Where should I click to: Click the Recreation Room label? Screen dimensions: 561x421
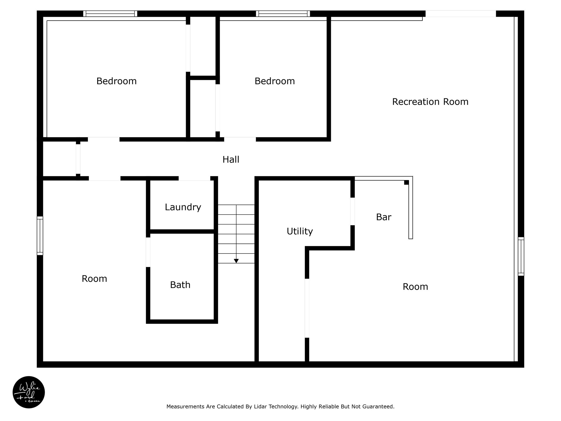pyautogui.click(x=430, y=102)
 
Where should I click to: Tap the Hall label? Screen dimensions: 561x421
pyautogui.click(x=231, y=160)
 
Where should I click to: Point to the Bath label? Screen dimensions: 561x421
pyautogui.click(x=180, y=285)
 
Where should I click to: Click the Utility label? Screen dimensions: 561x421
pyautogui.click(x=300, y=232)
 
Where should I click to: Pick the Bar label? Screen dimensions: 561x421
pyautogui.click(x=383, y=217)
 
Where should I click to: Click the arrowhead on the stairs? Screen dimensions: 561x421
pyautogui.click(x=236, y=261)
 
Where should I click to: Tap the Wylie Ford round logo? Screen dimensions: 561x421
pyautogui.click(x=29, y=392)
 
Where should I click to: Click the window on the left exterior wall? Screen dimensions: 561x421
pyautogui.click(x=40, y=236)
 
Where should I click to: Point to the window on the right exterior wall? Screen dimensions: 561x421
pyautogui.click(x=521, y=256)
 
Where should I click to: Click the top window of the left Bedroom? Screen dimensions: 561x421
pyautogui.click(x=110, y=14)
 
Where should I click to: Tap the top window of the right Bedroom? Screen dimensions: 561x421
pyautogui.click(x=283, y=14)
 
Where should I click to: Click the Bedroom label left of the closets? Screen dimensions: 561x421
pyautogui.click(x=116, y=81)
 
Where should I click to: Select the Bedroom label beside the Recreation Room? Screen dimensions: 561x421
pyautogui.click(x=275, y=81)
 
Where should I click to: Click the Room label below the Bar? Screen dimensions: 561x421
pyautogui.click(x=415, y=287)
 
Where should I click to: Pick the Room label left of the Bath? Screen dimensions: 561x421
pyautogui.click(x=94, y=279)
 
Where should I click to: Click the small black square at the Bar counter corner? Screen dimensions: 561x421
pyautogui.click(x=407, y=182)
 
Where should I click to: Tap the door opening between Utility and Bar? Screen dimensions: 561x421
pyautogui.click(x=353, y=211)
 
